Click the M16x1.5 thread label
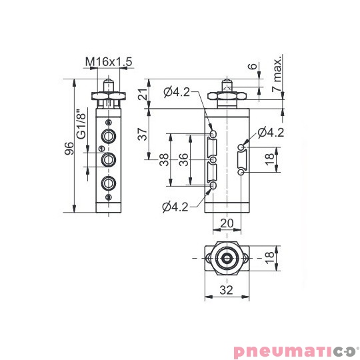pyautogui.click(x=109, y=62)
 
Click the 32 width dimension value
pyautogui.click(x=227, y=290)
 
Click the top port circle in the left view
pyautogui.click(x=108, y=137)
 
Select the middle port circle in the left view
pyautogui.click(x=108, y=160)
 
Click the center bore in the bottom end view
pyautogui.click(x=227, y=257)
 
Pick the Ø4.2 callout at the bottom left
pyautogui.click(x=175, y=207)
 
